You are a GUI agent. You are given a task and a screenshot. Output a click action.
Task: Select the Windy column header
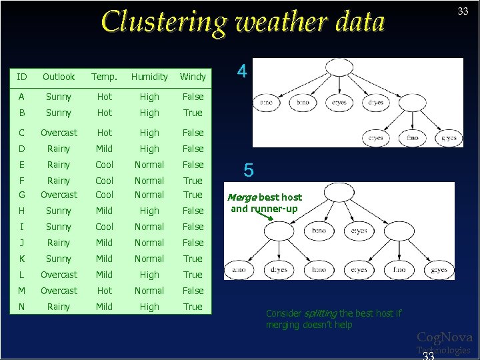coord(193,77)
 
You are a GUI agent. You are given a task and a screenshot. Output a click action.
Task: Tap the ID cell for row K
coord(23,259)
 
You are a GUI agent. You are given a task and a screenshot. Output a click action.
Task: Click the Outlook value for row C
coord(59,133)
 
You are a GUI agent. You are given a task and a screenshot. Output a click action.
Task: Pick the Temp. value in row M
coord(104,291)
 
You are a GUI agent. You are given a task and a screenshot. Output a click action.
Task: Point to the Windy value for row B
coord(193,113)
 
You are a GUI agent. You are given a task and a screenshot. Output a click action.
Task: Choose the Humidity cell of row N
coord(149,307)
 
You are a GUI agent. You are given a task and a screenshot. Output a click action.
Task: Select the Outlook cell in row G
coord(59,195)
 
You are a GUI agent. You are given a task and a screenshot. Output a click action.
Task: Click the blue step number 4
coord(242,71)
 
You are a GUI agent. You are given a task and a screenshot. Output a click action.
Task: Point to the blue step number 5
coord(248,171)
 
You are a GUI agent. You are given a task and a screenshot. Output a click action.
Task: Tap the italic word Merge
coord(241,197)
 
